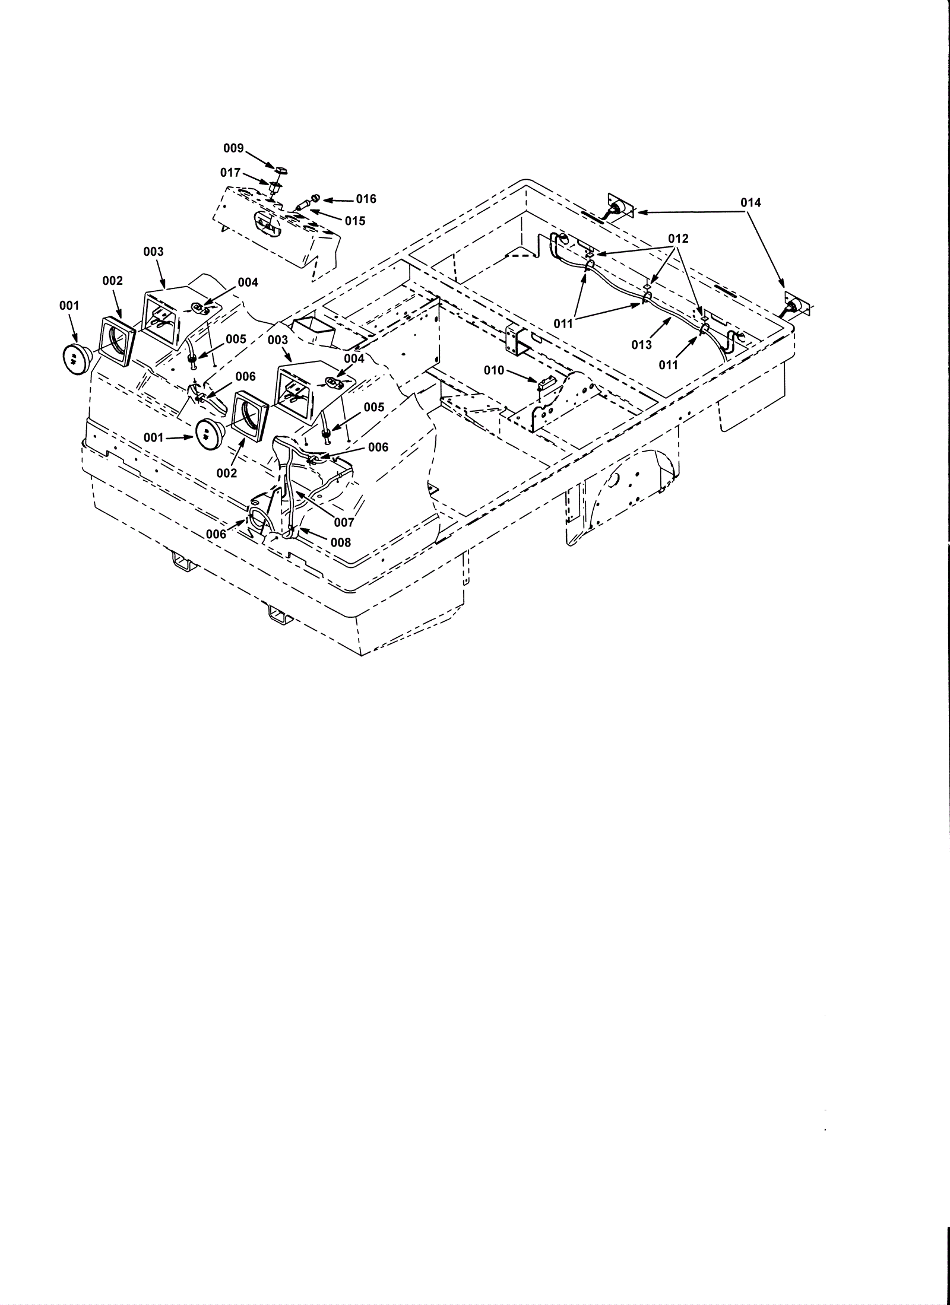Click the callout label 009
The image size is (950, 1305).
point(233,148)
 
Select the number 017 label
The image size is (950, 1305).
point(230,173)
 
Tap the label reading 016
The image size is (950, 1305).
point(366,199)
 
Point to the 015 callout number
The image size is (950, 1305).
point(355,221)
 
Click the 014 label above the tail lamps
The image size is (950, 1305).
point(750,203)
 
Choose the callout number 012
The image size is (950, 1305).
point(678,239)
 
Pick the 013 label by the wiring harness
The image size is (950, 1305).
point(641,345)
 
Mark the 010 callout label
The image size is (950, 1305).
point(493,371)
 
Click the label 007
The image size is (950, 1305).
point(344,523)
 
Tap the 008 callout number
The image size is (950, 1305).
point(340,542)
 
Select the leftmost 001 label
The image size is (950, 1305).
point(69,306)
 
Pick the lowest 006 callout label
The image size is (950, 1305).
point(216,534)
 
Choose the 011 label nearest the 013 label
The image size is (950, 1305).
point(668,365)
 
